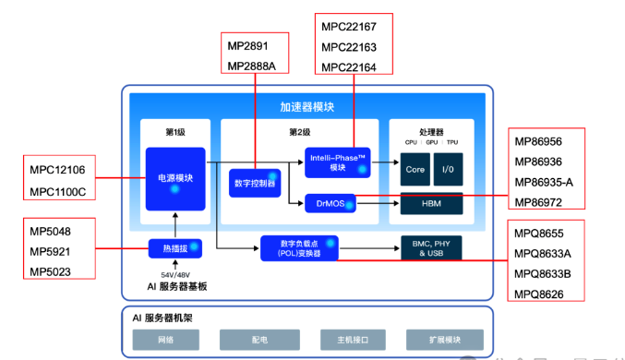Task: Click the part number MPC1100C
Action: click(x=56, y=191)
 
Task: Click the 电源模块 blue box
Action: click(x=174, y=179)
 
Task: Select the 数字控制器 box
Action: click(x=255, y=183)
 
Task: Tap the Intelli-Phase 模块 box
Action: click(x=337, y=162)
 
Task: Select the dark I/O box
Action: click(x=448, y=170)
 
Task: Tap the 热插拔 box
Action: click(x=174, y=247)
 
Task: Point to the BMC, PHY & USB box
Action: click(x=430, y=247)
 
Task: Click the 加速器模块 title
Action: click(x=306, y=106)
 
